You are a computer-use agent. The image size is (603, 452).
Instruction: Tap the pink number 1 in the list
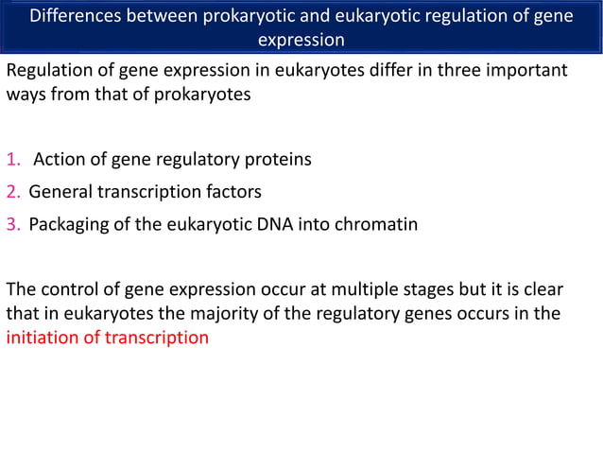pyautogui.click(x=12, y=159)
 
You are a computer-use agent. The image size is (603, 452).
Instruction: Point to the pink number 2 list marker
pyautogui.click(x=12, y=192)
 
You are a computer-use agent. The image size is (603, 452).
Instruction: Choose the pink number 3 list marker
pyautogui.click(x=12, y=225)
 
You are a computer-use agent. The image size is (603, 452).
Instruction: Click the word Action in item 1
pyautogui.click(x=60, y=159)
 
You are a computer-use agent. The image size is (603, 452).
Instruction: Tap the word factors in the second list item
pyautogui.click(x=233, y=192)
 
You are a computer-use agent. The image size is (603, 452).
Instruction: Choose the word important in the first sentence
pyautogui.click(x=517, y=71)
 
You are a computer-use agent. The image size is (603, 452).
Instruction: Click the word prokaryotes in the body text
pyautogui.click(x=204, y=96)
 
